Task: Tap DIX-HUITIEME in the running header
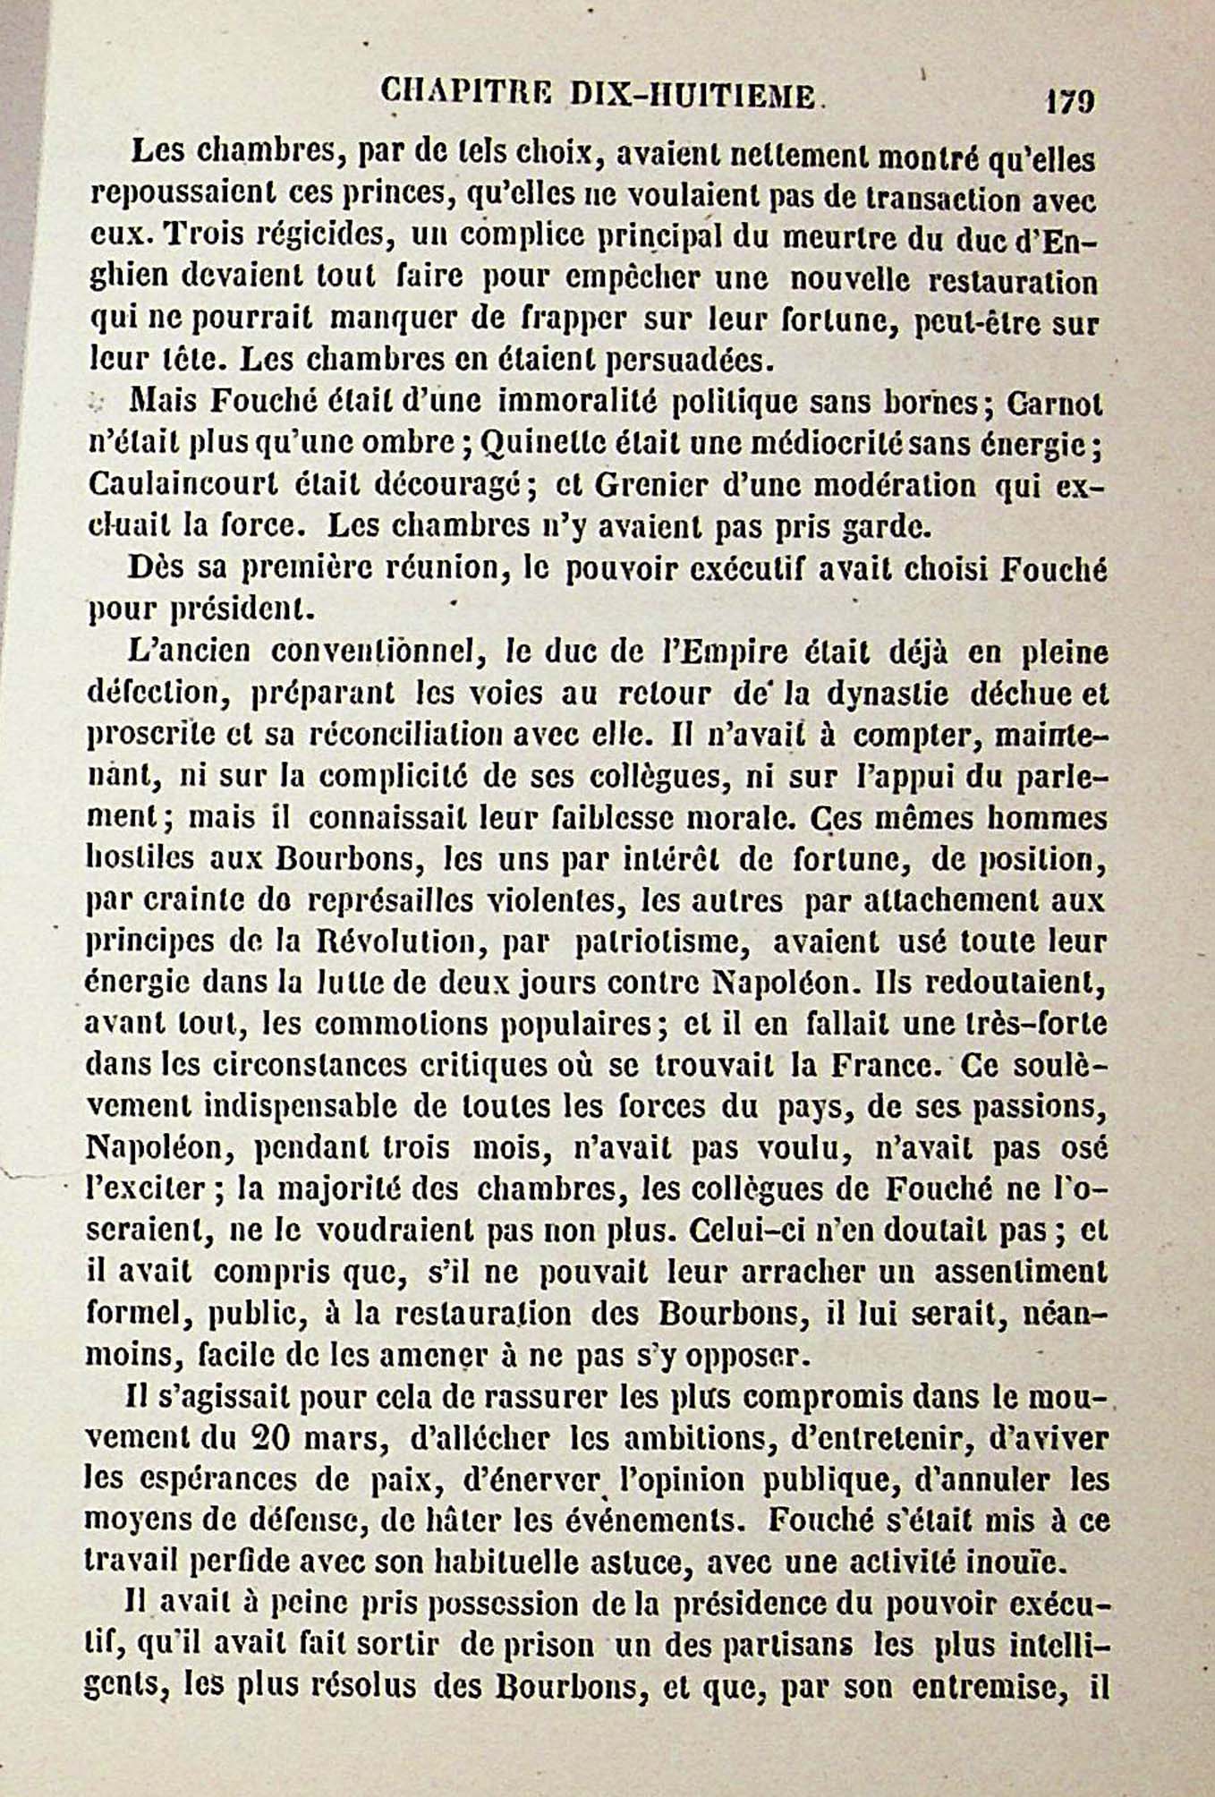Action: pyautogui.click(x=692, y=95)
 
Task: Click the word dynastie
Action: pyautogui.click(x=882, y=693)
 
